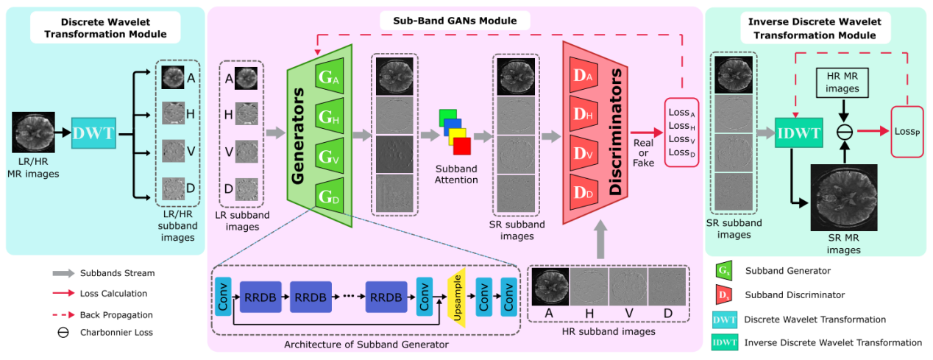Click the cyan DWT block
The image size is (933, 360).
click(x=93, y=135)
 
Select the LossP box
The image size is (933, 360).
click(x=906, y=134)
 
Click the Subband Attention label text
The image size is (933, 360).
click(x=456, y=174)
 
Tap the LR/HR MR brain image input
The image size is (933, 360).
click(x=33, y=132)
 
